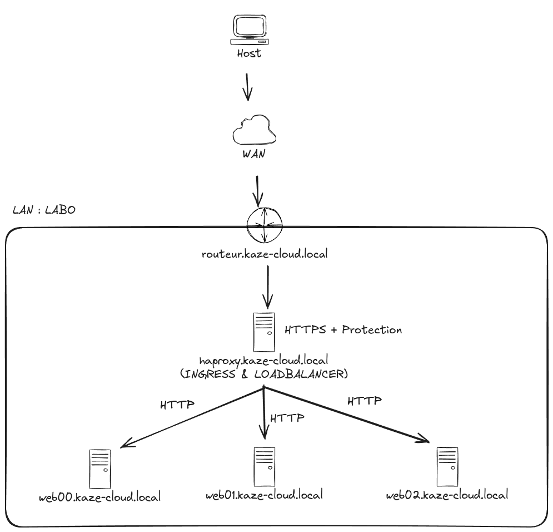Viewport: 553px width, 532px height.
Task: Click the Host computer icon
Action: point(249,30)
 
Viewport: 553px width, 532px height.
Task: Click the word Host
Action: point(249,54)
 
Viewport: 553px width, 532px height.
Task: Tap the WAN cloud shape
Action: point(254,131)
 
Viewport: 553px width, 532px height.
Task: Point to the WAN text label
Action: point(253,154)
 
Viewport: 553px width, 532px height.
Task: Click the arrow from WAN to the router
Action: point(257,191)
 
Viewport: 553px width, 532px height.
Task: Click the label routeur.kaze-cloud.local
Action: point(265,254)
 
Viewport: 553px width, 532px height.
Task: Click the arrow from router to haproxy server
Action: point(268,286)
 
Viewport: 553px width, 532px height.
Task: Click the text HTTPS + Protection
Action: point(343,329)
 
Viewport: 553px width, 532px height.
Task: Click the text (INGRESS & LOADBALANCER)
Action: point(264,374)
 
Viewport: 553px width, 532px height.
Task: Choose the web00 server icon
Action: point(100,469)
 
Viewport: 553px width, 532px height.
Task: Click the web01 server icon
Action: point(265,466)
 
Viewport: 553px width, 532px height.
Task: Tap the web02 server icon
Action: point(447,466)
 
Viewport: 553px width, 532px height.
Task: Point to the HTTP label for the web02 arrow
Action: point(365,400)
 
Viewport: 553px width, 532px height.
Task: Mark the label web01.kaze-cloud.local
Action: point(264,495)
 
